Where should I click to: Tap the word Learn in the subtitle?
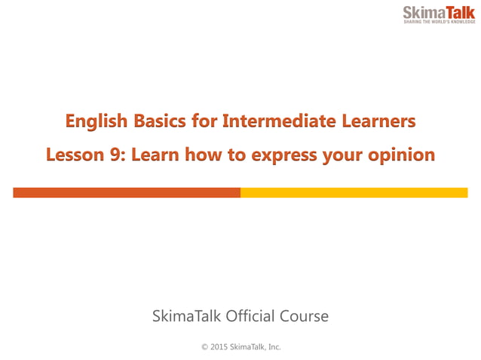(x=158, y=156)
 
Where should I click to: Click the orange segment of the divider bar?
(x=127, y=193)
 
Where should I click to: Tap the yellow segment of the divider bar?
(x=354, y=193)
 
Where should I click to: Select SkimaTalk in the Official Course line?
(x=182, y=316)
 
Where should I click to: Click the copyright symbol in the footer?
(x=204, y=346)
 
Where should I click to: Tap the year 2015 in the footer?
(x=219, y=346)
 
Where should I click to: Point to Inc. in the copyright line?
(x=274, y=346)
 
